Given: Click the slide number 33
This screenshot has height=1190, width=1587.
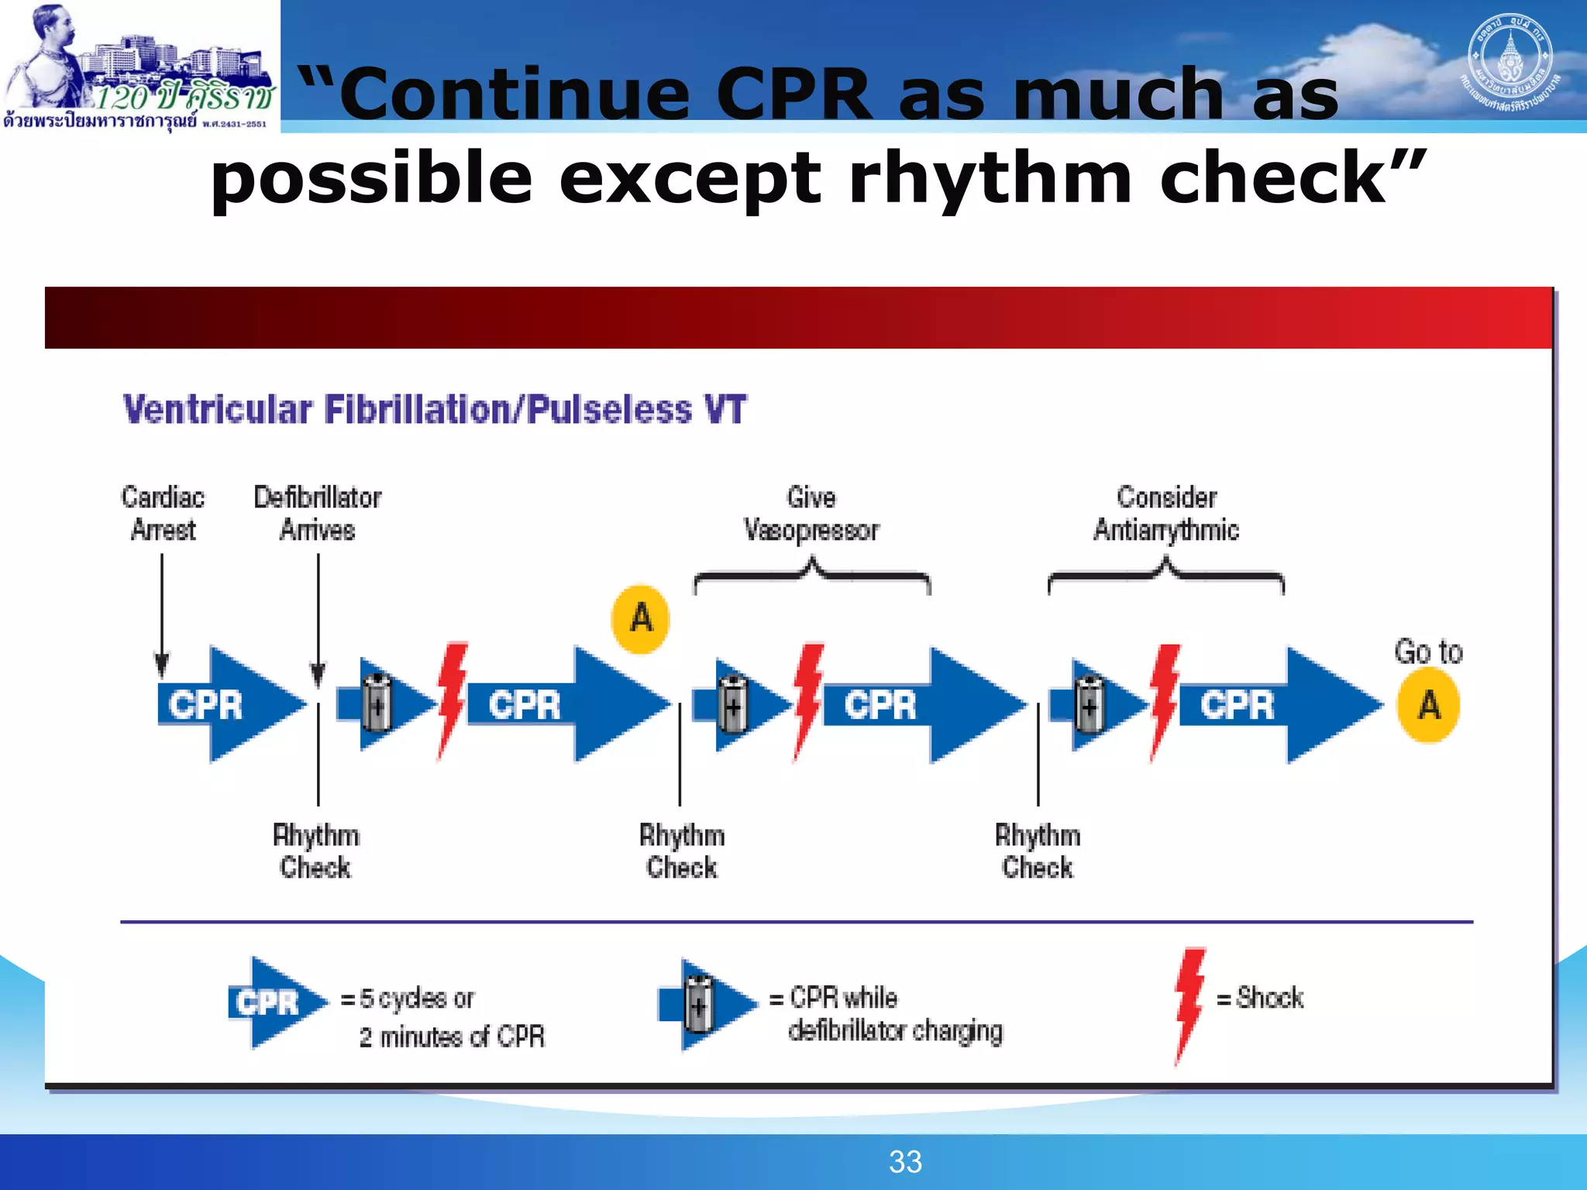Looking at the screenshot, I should tap(905, 1162).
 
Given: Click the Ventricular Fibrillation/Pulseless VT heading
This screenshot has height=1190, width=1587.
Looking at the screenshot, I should tap(434, 409).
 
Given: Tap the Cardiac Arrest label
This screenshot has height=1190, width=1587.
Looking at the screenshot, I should tap(163, 513).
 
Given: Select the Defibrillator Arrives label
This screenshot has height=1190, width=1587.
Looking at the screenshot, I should tap(318, 513).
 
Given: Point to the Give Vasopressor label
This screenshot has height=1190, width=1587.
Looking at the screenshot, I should tap(811, 513).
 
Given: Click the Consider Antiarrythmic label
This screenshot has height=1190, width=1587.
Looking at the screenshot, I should tap(1166, 513).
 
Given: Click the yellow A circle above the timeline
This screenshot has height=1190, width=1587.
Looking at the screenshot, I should tap(641, 619).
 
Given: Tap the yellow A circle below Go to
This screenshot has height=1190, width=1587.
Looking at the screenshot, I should tap(1428, 705).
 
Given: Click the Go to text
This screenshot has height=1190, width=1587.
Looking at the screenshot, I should tap(1428, 652).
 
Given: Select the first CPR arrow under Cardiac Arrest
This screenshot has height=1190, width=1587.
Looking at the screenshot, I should tap(225, 704).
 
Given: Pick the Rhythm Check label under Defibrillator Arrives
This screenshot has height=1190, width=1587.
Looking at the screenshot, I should tap(315, 851).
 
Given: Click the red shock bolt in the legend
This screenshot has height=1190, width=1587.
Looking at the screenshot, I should tap(1189, 1004).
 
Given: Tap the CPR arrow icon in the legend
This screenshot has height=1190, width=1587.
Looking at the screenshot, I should tap(275, 1003).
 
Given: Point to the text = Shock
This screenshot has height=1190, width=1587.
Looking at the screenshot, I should tap(1261, 998).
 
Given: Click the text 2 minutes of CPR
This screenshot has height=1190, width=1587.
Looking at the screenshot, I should tap(452, 1037).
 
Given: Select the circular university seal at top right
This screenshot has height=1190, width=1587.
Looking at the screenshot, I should tap(1510, 62).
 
